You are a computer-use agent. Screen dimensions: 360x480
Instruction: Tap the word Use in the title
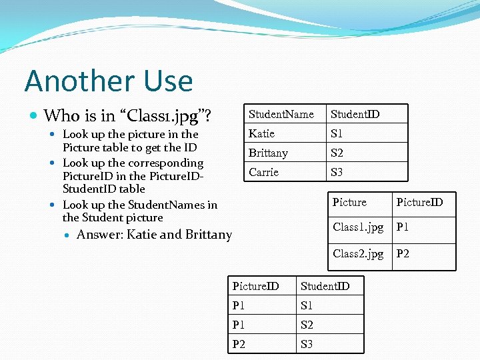pyautogui.click(x=167, y=81)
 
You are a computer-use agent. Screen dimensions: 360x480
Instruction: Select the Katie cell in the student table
pyautogui.click(x=261, y=134)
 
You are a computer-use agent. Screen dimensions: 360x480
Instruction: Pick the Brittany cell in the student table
pyautogui.click(x=268, y=153)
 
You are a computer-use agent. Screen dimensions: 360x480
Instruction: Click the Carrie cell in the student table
pyautogui.click(x=263, y=173)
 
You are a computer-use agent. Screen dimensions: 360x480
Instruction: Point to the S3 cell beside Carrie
pyautogui.click(x=337, y=173)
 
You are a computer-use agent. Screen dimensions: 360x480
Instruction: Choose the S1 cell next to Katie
pyautogui.click(x=337, y=134)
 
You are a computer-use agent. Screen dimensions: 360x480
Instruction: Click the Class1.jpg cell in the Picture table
pyautogui.click(x=358, y=227)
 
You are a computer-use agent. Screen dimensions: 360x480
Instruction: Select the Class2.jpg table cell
pyautogui.click(x=358, y=253)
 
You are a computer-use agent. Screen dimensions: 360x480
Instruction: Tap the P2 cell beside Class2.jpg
pyautogui.click(x=403, y=253)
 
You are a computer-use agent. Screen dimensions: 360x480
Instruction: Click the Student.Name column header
pyautogui.click(x=281, y=115)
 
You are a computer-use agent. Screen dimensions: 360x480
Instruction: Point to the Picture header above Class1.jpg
pyautogui.click(x=349, y=202)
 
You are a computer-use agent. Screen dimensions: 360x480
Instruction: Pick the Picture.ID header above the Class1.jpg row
pyautogui.click(x=419, y=202)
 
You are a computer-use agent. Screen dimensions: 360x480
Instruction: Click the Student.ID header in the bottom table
pyautogui.click(x=325, y=287)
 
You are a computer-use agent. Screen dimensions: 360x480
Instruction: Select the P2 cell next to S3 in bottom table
pyautogui.click(x=239, y=345)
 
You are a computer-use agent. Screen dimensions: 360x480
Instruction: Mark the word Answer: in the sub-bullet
pyautogui.click(x=100, y=235)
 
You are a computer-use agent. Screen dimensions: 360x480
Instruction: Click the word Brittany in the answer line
pyautogui.click(x=209, y=235)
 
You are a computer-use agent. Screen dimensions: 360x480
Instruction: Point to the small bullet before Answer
pyautogui.click(x=67, y=235)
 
